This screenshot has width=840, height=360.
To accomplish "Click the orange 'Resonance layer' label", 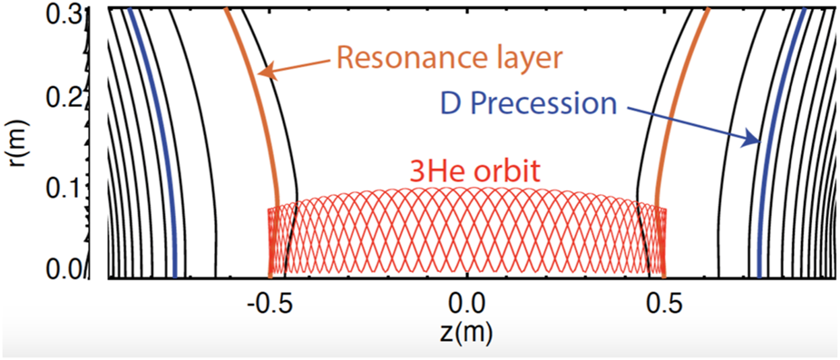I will point(450,58).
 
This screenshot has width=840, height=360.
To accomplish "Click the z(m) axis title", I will point(468,332).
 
